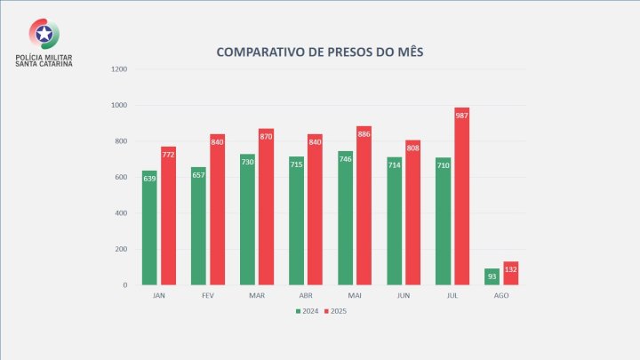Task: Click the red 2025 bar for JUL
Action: (461, 196)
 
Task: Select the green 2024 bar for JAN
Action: (149, 228)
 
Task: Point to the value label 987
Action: (461, 116)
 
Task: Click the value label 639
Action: (149, 179)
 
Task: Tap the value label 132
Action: (510, 268)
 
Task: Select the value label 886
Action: (364, 134)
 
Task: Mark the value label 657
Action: (198, 175)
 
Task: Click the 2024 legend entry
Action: (306, 310)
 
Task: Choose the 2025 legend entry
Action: (334, 310)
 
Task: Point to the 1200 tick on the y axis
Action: (119, 69)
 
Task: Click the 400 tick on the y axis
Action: (121, 213)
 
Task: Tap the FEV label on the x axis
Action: (207, 295)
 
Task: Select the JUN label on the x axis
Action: (403, 295)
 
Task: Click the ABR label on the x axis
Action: (305, 295)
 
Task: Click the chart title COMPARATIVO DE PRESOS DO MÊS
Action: (319, 52)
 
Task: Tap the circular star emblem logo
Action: (44, 34)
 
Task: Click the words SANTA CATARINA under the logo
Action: (44, 64)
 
